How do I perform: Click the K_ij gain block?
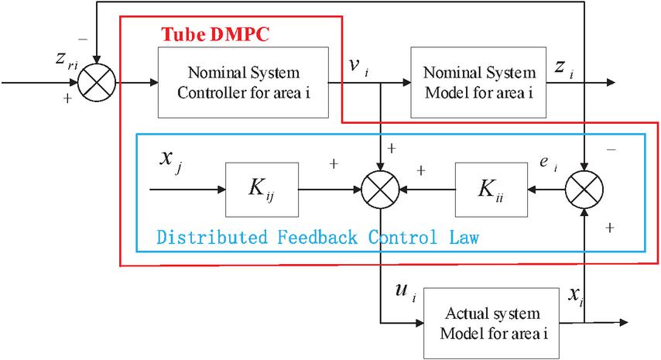[262, 190]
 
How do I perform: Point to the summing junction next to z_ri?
[99, 81]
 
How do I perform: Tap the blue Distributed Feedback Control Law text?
[317, 237]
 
